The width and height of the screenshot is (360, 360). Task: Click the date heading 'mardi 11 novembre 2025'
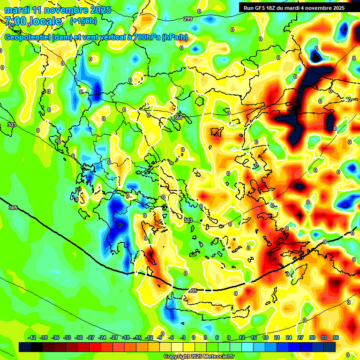[58, 10]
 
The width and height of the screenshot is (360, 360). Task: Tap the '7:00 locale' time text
[33, 21]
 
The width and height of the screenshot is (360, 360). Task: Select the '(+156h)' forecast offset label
[83, 21]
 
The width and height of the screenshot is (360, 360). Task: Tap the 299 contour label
[187, 19]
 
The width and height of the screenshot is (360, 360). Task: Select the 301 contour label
[178, 118]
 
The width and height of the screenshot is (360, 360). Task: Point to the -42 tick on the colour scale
[32, 337]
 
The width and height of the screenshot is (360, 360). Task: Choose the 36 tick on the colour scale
[336, 337]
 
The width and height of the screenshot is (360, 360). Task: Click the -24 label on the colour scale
[102, 337]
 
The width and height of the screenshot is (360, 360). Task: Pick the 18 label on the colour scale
[265, 337]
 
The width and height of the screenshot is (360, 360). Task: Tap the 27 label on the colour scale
[300, 337]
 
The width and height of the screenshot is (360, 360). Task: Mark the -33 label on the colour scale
[67, 337]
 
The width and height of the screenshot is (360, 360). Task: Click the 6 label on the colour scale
[217, 337]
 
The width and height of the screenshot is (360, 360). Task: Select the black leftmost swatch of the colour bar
[25, 346]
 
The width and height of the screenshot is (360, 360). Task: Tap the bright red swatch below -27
[95, 346]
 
